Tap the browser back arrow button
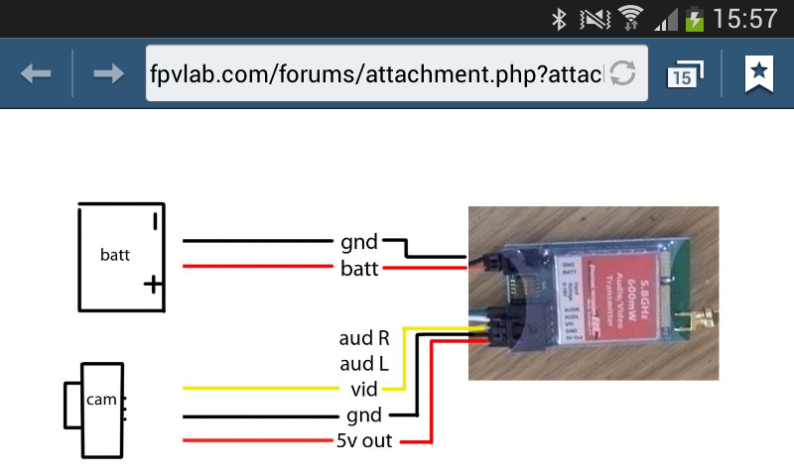coord(36,73)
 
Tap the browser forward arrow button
coord(108,73)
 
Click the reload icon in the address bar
coord(622,72)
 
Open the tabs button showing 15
coord(684,74)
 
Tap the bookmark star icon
coord(759,72)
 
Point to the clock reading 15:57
coord(745,18)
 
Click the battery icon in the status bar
coord(695,18)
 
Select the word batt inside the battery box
coord(115,255)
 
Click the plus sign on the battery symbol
coord(152,286)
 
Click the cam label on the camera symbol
coord(101,400)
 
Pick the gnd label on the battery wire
coord(358,241)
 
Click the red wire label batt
coord(359,269)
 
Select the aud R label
coord(365,337)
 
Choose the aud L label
coord(365,363)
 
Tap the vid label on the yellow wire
coord(365,389)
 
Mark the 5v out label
coord(363,440)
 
